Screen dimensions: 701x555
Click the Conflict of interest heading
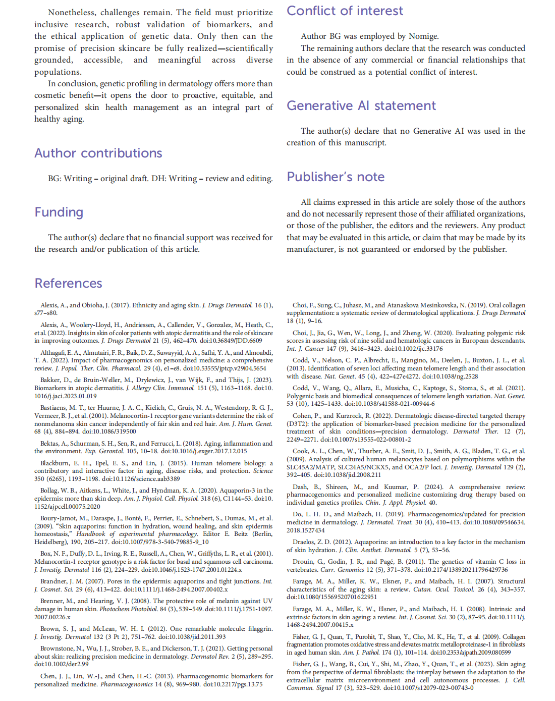tap(345, 11)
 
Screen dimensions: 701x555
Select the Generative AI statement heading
tap(361, 105)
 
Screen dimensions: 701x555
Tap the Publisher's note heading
tap(336, 177)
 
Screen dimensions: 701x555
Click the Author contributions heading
tap(98, 153)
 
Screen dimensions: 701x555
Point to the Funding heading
tap(59, 212)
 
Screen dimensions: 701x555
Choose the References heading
tap(68, 283)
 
